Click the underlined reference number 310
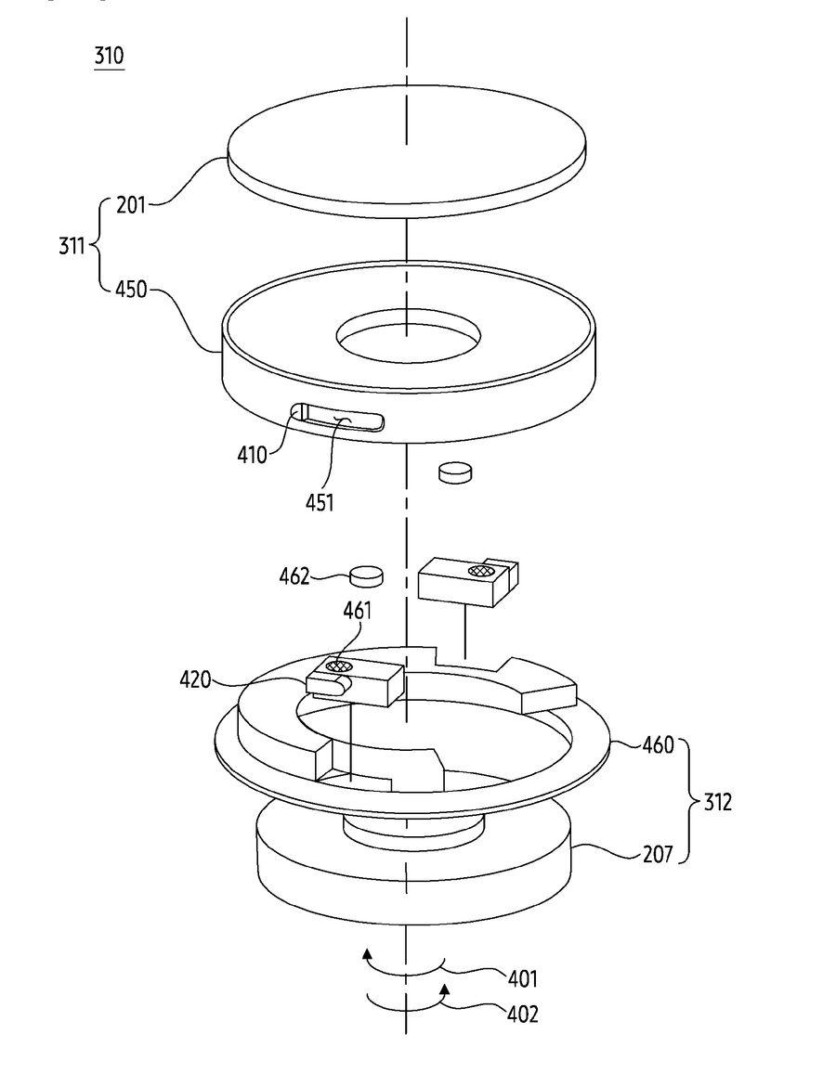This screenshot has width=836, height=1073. (110, 56)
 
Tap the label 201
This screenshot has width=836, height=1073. (131, 204)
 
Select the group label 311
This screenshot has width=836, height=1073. (72, 245)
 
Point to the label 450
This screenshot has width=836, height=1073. (131, 290)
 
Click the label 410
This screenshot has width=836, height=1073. (252, 454)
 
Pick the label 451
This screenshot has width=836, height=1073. (320, 502)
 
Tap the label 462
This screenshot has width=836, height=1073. (294, 576)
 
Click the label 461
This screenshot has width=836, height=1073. (358, 611)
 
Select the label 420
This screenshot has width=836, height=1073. (195, 679)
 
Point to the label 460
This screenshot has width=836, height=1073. (659, 744)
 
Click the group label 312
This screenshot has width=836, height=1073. (717, 801)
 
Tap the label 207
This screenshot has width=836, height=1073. (658, 854)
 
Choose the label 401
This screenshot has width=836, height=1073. (522, 979)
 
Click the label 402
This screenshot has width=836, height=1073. (522, 1014)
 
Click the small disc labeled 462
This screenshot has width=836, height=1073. (366, 575)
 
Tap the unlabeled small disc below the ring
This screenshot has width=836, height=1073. (455, 472)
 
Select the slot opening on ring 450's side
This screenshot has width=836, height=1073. (337, 418)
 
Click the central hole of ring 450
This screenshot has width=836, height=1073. (408, 335)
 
